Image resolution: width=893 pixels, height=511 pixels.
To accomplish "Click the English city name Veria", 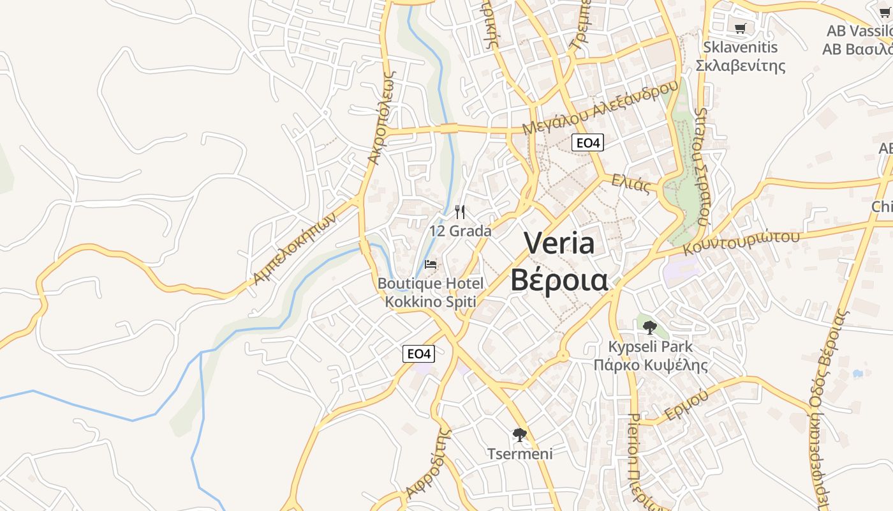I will pyautogui.click(x=559, y=243).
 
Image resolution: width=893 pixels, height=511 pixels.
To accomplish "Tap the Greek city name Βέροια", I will pyautogui.click(x=559, y=280).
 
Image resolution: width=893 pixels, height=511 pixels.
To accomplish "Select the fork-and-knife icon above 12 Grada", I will pyautogui.click(x=460, y=212).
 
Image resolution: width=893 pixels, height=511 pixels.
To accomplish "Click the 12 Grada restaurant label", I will pyautogui.click(x=460, y=231).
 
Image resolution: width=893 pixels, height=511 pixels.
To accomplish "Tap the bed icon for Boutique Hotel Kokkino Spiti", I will pyautogui.click(x=431, y=264).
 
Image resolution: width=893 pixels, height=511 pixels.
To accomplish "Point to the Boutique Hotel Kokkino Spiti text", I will pyautogui.click(x=431, y=292).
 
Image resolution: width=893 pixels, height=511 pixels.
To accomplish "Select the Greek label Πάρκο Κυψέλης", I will pyautogui.click(x=651, y=365).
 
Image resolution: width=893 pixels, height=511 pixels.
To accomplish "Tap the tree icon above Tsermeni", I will pyautogui.click(x=520, y=436).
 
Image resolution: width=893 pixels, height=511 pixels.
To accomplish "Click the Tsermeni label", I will pyautogui.click(x=520, y=454).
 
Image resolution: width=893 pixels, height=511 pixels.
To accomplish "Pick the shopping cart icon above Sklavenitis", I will pyautogui.click(x=740, y=28).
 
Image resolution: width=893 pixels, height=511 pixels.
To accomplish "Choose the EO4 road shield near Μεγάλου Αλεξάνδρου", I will pyautogui.click(x=587, y=142).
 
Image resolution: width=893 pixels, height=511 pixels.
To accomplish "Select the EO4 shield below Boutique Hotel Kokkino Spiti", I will pyautogui.click(x=419, y=353).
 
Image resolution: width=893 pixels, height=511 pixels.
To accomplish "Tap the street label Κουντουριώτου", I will pyautogui.click(x=741, y=242).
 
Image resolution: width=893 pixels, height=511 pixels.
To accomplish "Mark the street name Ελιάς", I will pyautogui.click(x=631, y=183).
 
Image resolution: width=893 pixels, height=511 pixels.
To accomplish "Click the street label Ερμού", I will pyautogui.click(x=686, y=405).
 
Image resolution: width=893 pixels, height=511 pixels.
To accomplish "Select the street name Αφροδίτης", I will pyautogui.click(x=428, y=464).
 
